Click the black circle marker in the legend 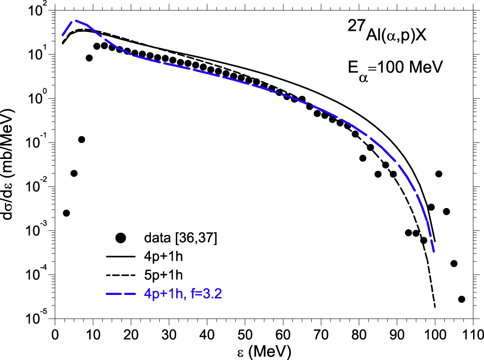(x=120, y=238)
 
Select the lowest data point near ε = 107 (x=462, y=299)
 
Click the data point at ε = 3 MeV (x=67, y=213)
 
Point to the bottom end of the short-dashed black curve (x=435, y=307)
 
